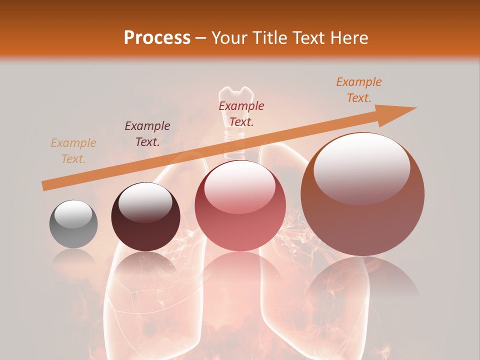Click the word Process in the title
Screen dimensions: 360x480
(x=157, y=38)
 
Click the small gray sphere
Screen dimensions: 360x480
(x=73, y=224)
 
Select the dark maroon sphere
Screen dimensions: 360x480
(x=145, y=217)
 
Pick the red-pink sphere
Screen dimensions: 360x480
(x=240, y=205)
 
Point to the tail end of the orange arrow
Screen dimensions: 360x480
(x=44, y=186)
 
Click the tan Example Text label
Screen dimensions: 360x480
(x=73, y=151)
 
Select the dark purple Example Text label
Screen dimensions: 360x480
(x=147, y=134)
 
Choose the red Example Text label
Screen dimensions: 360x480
(x=241, y=114)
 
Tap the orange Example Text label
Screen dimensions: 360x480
(x=358, y=90)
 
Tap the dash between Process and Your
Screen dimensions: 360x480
(x=200, y=38)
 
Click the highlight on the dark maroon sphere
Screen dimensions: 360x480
(x=145, y=202)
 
